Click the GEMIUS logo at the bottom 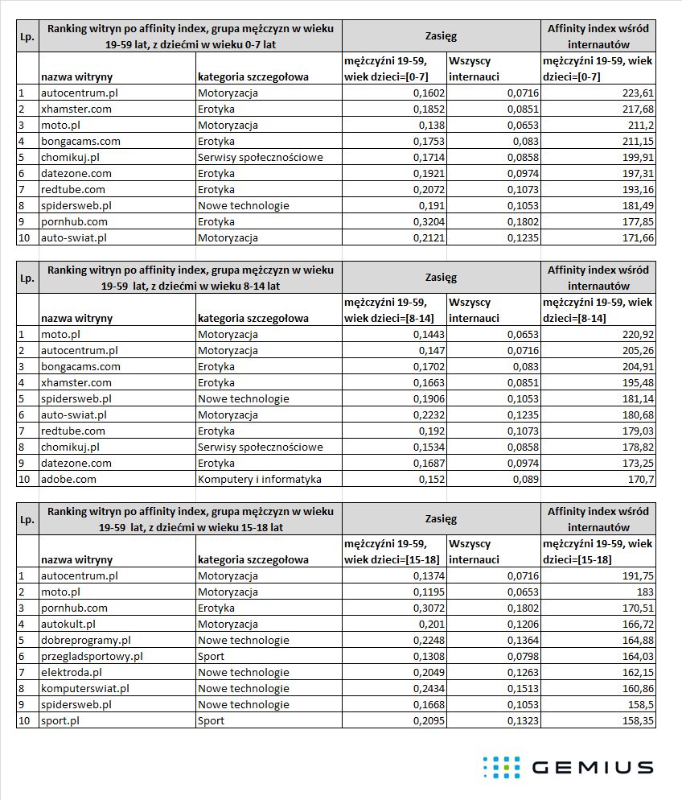[x=568, y=767]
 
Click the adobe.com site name [x=68, y=479]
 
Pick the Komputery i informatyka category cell [x=259, y=479]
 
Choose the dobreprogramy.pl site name [x=85, y=640]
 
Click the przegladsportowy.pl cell [x=92, y=656]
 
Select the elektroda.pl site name [x=72, y=672]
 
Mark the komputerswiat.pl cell [x=84, y=688]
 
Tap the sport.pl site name [x=61, y=720]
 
